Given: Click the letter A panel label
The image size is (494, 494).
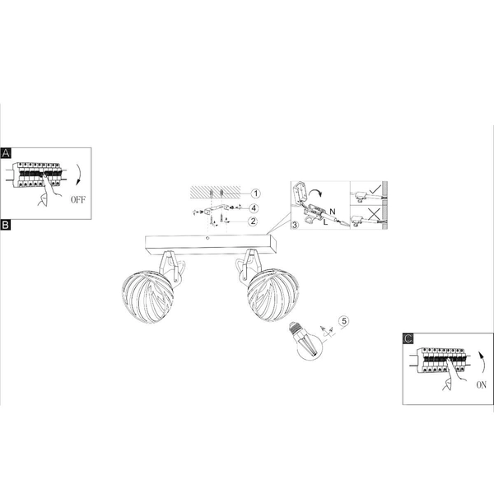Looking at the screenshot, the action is coord(6,153).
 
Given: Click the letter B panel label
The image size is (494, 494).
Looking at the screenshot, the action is coord(6,225).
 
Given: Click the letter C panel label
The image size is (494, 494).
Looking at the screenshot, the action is coord(408,338).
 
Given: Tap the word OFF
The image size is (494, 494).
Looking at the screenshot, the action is coord(78,200).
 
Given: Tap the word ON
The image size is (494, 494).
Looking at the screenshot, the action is coord(481,385).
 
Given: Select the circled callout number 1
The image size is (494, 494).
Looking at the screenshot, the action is coord(255,193).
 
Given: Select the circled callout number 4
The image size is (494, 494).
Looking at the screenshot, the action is coord(254,208).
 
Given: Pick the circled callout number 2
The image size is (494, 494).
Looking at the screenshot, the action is coord(253,221).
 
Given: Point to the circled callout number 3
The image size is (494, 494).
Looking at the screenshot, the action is coord(295,225).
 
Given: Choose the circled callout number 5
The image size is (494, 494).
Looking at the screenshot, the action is coord(344,321).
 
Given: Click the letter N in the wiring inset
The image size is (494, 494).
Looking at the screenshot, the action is coord(333,212).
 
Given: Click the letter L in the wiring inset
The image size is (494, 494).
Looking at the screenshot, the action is coord(325,222).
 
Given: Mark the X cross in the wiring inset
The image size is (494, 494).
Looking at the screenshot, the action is coord(374,214).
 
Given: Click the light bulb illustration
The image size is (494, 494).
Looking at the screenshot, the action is coord(305,341).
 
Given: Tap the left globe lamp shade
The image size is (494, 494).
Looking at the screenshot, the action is coord(147,297).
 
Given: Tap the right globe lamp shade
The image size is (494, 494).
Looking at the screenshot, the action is coord(273,295).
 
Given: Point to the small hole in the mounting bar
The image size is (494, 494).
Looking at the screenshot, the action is coord(207,238).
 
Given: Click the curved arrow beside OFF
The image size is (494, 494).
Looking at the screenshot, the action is coord(78,175).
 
